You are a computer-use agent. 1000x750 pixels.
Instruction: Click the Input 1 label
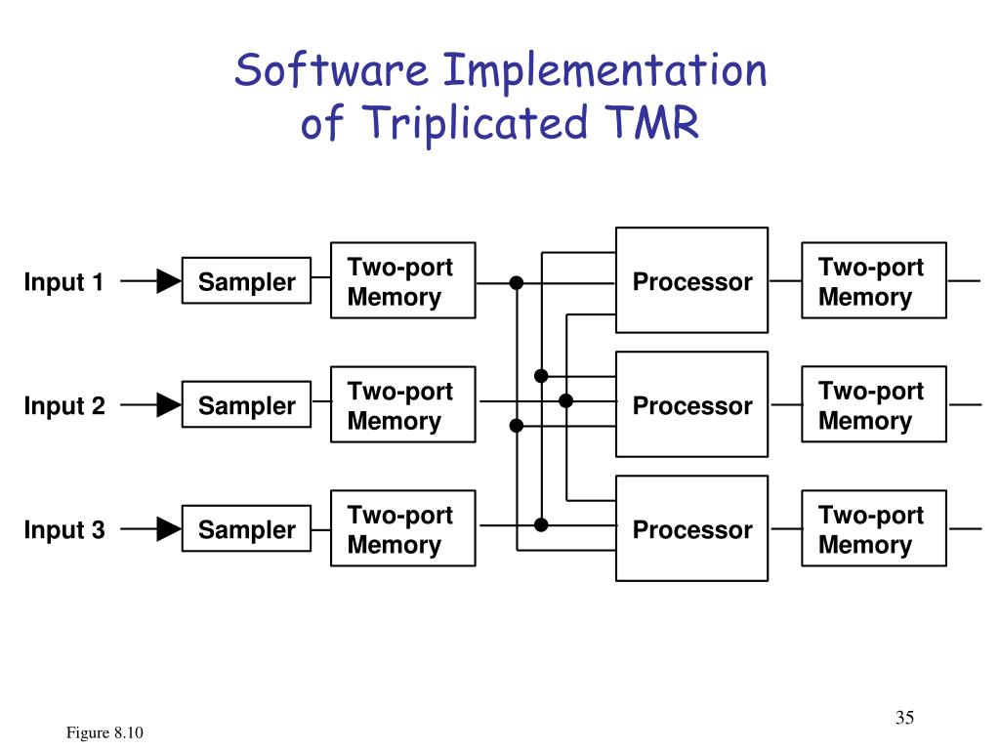point(63,282)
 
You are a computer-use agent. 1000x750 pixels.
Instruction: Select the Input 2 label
point(64,406)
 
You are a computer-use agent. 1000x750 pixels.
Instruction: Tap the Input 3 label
point(64,530)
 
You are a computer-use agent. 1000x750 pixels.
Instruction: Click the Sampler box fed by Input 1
point(246,281)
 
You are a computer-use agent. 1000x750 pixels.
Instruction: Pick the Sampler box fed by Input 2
point(246,405)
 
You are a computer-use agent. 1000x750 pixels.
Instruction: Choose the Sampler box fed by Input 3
point(246,529)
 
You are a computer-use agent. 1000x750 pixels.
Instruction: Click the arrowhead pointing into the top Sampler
point(170,282)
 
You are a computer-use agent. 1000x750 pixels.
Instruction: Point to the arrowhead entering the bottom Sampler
point(170,529)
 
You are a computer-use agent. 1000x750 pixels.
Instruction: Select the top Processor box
point(691,281)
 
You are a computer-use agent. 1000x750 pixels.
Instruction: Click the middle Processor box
point(691,405)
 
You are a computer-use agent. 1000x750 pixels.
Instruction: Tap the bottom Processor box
point(691,529)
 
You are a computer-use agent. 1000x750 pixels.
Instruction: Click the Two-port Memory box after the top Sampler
point(402,281)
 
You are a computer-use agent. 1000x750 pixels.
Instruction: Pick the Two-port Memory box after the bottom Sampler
point(402,529)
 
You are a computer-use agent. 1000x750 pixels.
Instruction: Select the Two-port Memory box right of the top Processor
point(873,281)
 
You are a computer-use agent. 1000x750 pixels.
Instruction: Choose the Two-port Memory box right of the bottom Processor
point(873,529)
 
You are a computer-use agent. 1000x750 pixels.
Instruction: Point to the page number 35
point(903,718)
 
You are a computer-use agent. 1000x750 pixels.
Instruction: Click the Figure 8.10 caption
point(105,733)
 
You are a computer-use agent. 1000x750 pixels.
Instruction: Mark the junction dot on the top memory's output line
point(517,282)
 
